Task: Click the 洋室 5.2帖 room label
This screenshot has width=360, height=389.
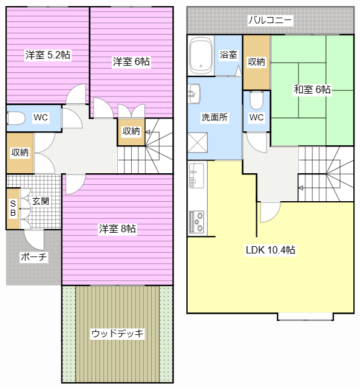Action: tap(48, 55)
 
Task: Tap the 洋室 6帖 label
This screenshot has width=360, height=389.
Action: tap(131, 61)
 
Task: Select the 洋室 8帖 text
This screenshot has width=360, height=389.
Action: tap(118, 229)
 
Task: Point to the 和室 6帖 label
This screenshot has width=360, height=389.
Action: tap(312, 89)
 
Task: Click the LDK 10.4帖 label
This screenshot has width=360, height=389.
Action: tap(270, 250)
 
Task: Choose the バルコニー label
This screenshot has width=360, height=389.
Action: tap(270, 21)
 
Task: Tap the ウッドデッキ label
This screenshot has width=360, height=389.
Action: tap(118, 333)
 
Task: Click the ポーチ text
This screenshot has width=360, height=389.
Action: tap(33, 256)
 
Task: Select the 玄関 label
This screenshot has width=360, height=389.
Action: tap(41, 201)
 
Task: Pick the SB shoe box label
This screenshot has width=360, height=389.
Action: tap(13, 208)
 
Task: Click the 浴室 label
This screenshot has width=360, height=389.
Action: tap(228, 55)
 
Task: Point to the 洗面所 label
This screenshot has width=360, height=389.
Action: tap(215, 118)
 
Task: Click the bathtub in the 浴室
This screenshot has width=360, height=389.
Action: tap(200, 55)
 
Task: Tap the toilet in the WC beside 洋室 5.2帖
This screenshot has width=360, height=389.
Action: tap(15, 118)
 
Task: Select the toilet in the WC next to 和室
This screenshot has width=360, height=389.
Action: tap(256, 98)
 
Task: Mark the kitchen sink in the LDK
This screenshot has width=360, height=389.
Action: tap(196, 176)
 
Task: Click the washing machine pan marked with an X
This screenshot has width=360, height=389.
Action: tap(199, 145)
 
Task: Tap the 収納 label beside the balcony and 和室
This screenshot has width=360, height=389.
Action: tap(256, 61)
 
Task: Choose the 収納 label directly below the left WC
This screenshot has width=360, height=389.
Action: tap(19, 153)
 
